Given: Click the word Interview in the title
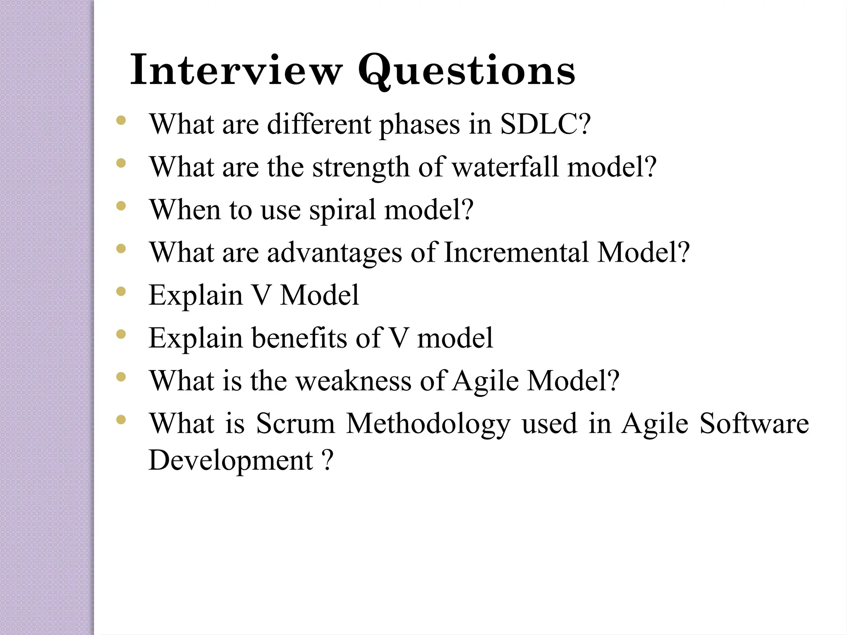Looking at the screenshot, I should (236, 70).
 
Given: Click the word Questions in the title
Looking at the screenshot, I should (467, 70).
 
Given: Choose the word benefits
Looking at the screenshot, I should (300, 338).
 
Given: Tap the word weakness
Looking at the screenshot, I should (354, 381).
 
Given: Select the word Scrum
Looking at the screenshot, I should (295, 423).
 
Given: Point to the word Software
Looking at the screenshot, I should (754, 423).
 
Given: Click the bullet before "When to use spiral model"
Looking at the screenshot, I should (121, 206).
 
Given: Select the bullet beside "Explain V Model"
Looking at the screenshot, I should (121, 291).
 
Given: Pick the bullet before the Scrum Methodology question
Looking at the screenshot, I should (121, 420).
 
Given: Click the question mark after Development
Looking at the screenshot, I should (327, 460).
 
